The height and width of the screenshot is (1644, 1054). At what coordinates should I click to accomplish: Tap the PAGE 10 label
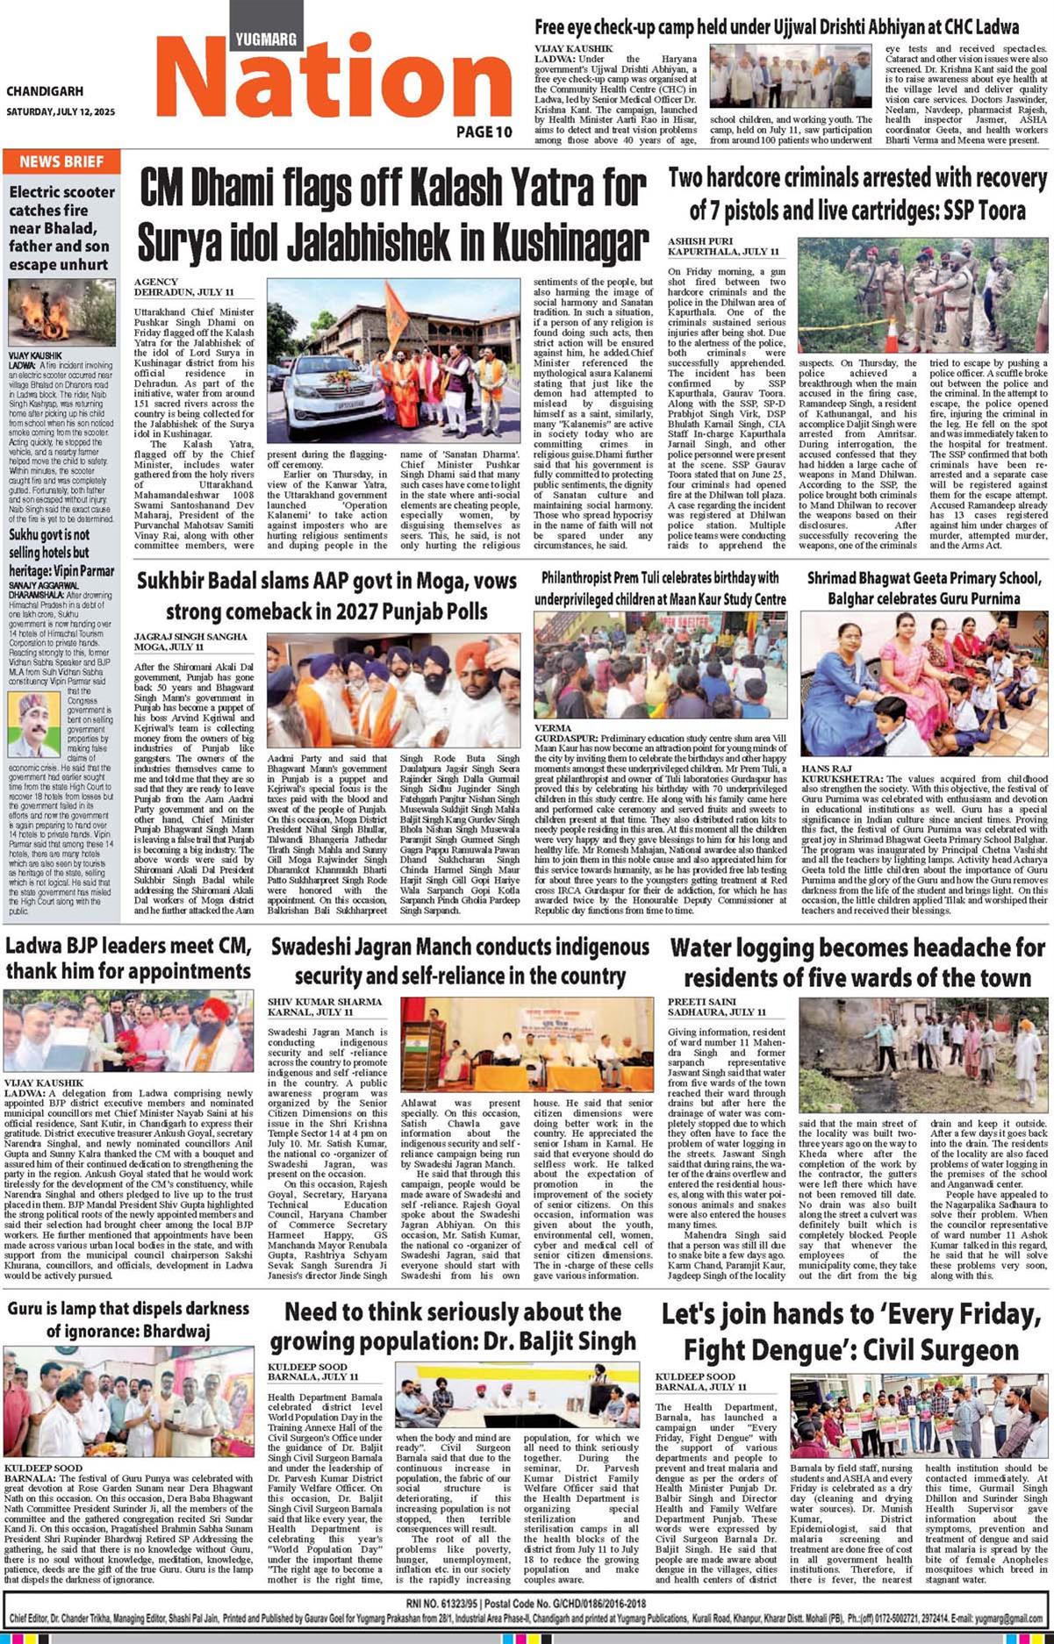(484, 132)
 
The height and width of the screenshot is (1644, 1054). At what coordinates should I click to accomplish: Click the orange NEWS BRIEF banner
(61, 161)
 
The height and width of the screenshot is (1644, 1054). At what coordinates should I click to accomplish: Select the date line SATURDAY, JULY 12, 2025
(61, 112)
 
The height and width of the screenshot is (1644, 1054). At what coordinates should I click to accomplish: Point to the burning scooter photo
(61, 312)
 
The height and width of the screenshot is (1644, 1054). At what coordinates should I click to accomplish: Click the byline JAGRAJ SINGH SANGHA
(190, 637)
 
